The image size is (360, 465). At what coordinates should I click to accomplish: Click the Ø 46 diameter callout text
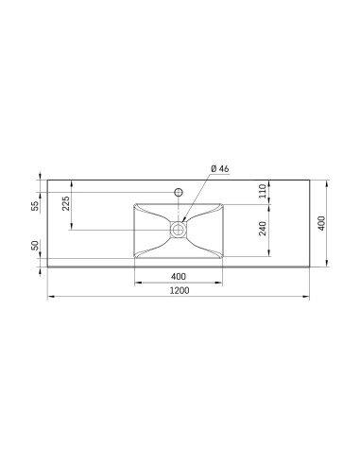pyautogui.click(x=220, y=168)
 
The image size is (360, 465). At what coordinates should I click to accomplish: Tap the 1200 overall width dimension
pyautogui.click(x=180, y=290)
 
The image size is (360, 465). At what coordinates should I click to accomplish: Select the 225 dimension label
pyautogui.click(x=65, y=204)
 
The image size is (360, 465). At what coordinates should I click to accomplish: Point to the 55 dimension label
pyautogui.click(x=36, y=206)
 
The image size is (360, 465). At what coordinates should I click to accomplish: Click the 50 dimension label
pyautogui.click(x=36, y=245)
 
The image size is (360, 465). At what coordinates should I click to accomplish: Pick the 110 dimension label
pyautogui.click(x=263, y=191)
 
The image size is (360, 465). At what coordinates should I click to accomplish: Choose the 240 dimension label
pyautogui.click(x=263, y=229)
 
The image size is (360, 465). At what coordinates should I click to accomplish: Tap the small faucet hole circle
pyautogui.click(x=179, y=192)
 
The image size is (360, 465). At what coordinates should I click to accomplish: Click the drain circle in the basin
pyautogui.click(x=179, y=230)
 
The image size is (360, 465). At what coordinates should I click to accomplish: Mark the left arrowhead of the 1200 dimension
pyautogui.click(x=51, y=297)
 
